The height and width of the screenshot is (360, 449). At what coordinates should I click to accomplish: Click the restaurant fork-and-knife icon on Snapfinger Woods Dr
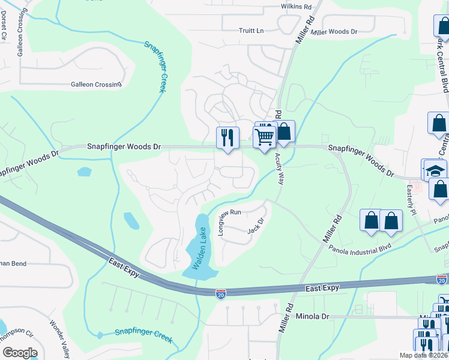pos(228,137)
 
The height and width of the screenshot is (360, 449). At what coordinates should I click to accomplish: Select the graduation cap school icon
pos(435,170)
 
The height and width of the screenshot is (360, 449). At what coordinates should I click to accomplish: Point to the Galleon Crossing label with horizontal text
pos(96,85)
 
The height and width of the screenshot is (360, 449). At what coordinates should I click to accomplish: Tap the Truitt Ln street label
pos(251,31)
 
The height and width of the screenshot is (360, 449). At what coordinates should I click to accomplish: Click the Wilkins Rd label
pos(297,7)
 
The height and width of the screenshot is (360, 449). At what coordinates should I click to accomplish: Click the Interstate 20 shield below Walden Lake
pos(221,293)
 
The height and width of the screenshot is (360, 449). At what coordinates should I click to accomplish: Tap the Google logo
pos(19,353)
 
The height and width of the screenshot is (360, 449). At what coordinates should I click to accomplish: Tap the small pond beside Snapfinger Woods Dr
pos(84,172)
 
